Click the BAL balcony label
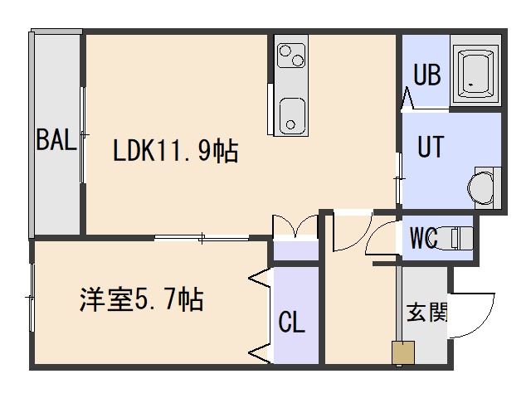tap(56, 139)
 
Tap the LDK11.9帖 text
tap(176, 152)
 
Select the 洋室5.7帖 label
tap(142, 300)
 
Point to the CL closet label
tap(291, 322)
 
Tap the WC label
tap(424, 238)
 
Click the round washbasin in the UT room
tap(480, 187)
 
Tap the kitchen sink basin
tap(291, 114)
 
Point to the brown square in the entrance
tap(402, 352)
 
